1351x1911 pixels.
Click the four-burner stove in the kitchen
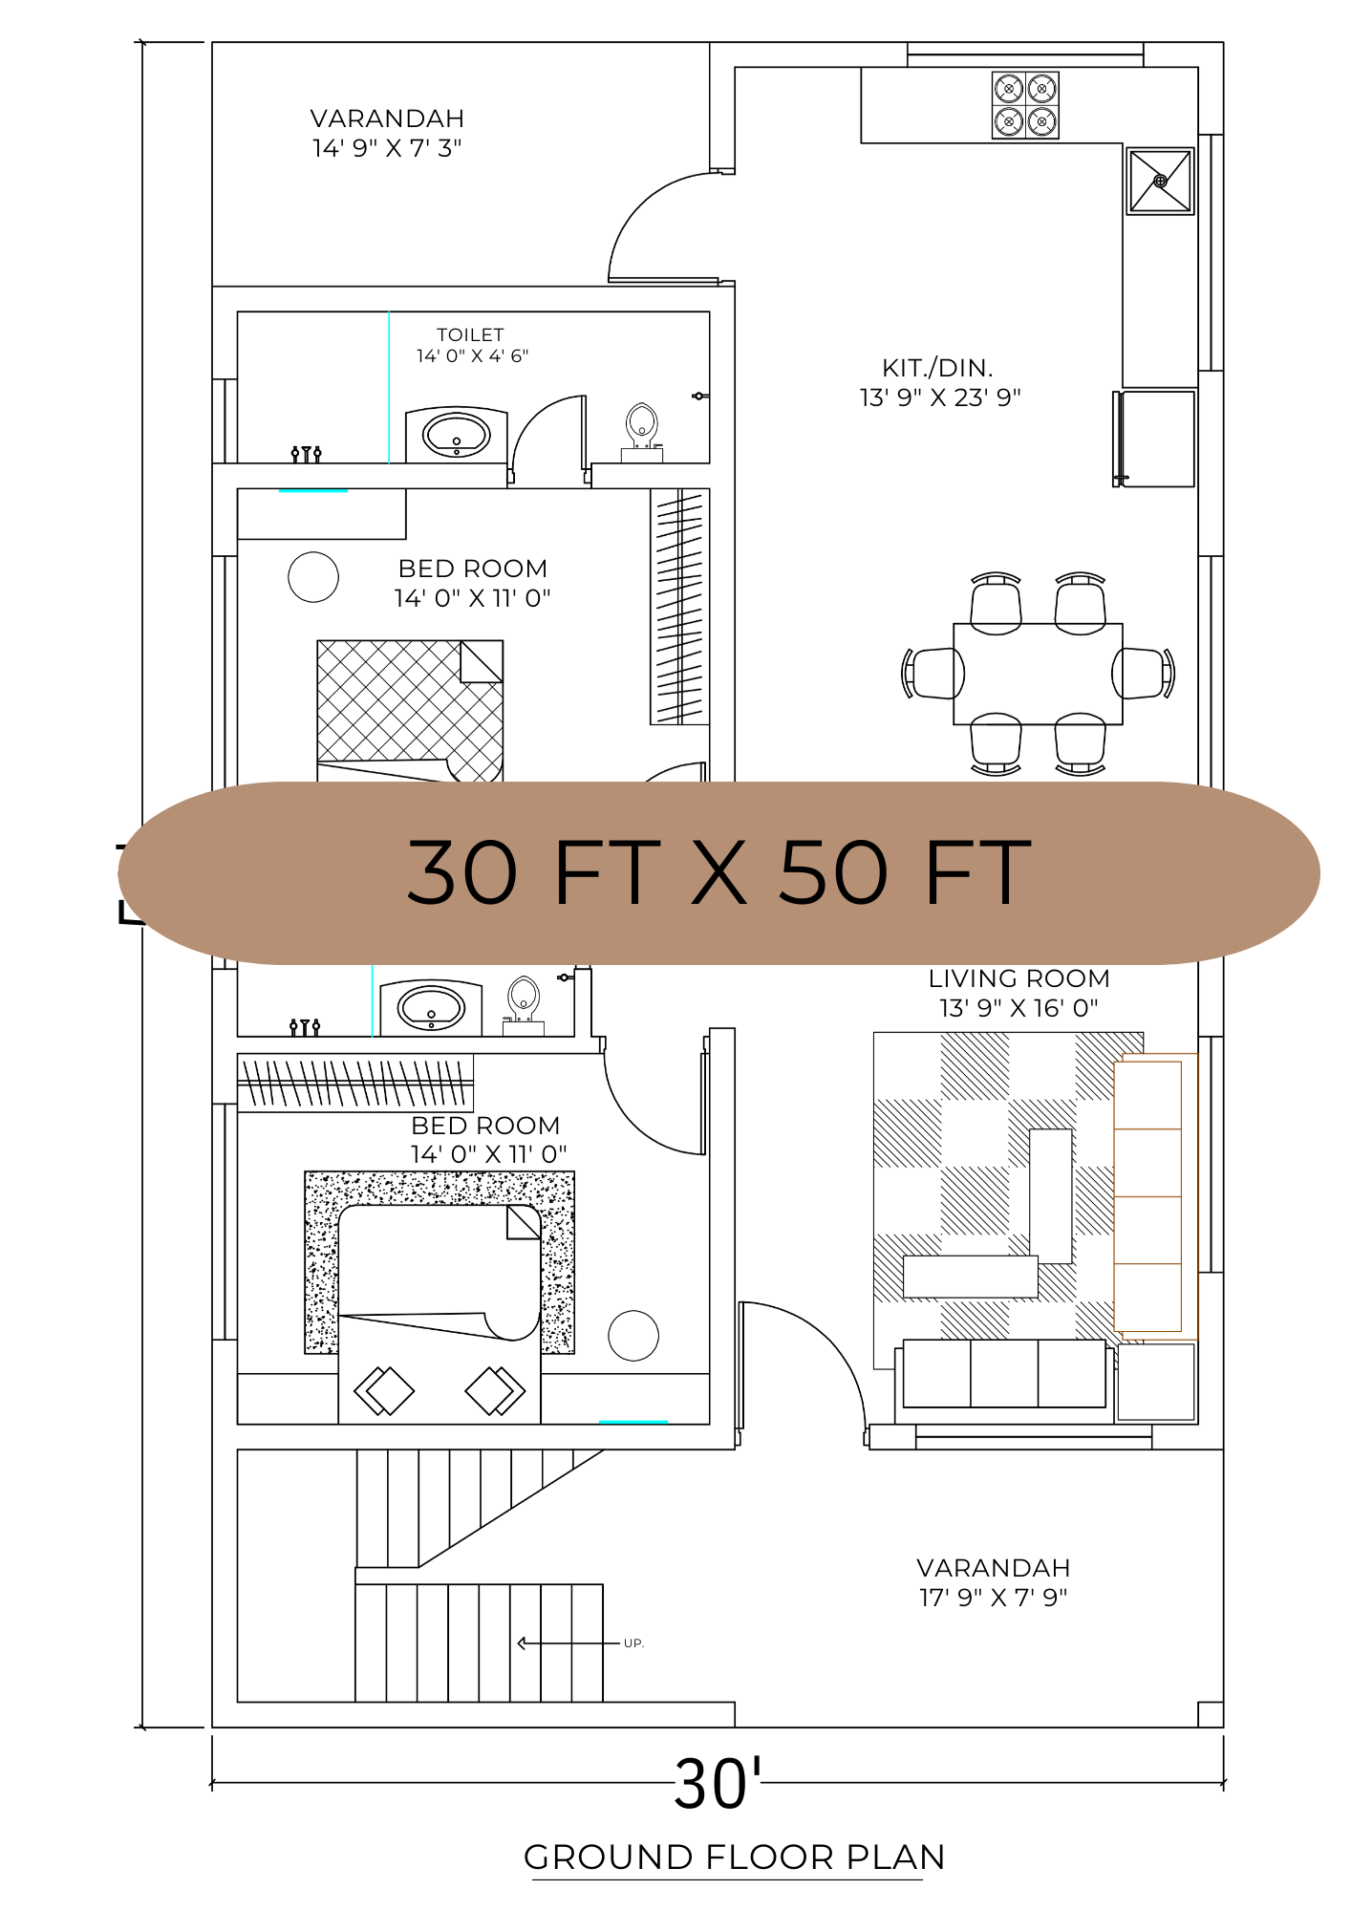pyautogui.click(x=1025, y=105)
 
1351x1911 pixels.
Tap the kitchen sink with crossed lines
pyautogui.click(x=1160, y=181)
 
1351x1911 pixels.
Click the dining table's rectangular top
pyautogui.click(x=1038, y=674)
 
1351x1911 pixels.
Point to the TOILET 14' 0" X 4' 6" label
pyautogui.click(x=471, y=345)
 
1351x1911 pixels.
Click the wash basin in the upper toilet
pyautogui.click(x=457, y=436)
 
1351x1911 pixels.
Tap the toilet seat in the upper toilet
pyautogui.click(x=642, y=424)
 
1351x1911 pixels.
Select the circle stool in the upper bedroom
pyautogui.click(x=313, y=577)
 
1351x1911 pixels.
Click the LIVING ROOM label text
pyautogui.click(x=1019, y=978)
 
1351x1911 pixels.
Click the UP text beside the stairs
pyautogui.click(x=633, y=1643)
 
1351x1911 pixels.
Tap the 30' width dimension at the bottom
pyautogui.click(x=717, y=1783)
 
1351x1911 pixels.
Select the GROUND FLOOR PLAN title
pyautogui.click(x=734, y=1857)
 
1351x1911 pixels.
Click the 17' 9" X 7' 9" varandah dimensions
pyautogui.click(x=993, y=1598)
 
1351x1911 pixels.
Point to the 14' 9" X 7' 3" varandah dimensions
pyautogui.click(x=387, y=148)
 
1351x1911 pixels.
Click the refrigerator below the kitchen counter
pyautogui.click(x=1155, y=439)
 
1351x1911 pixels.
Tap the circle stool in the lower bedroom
pyautogui.click(x=633, y=1336)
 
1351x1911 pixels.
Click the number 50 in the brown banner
pyautogui.click(x=833, y=872)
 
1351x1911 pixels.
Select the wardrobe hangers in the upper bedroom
pyautogui.click(x=679, y=607)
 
